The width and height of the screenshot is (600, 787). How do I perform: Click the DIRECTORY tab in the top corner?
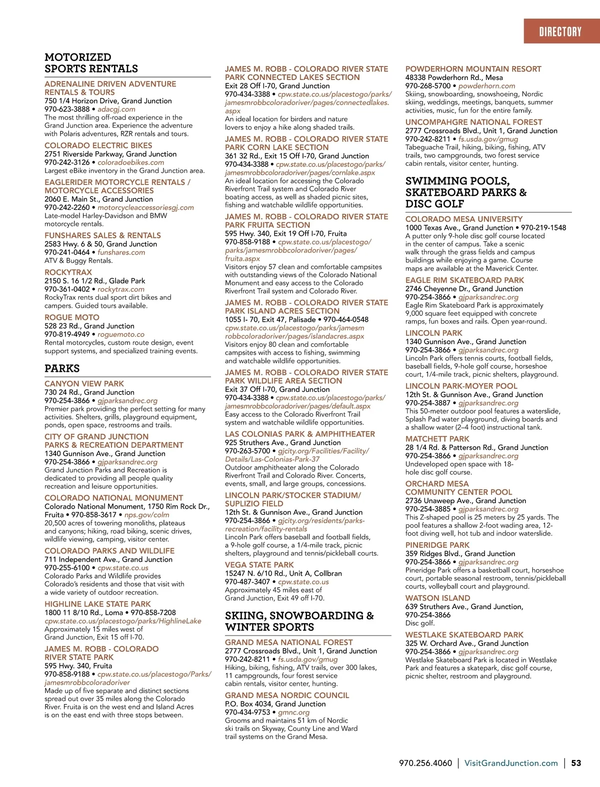tap(560, 32)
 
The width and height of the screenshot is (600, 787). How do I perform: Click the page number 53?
tap(576, 763)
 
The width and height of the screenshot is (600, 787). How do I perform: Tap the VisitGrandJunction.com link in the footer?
tap(511, 763)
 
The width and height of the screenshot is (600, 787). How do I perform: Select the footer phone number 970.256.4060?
tap(425, 763)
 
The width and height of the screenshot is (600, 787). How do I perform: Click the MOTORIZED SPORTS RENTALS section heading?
tap(91, 63)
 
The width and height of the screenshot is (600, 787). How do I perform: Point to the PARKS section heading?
tap(62, 368)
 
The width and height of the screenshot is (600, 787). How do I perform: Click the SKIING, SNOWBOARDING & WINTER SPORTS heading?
tap(299, 621)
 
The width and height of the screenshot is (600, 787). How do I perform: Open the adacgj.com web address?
tap(116, 109)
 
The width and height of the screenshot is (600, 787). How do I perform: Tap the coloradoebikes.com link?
tap(130, 162)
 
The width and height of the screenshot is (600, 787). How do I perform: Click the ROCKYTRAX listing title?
tap(68, 272)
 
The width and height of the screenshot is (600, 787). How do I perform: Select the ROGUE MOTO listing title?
tap(72, 317)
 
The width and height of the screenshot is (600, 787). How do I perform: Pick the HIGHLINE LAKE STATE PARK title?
tap(97, 604)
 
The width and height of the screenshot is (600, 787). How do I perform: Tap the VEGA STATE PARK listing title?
tap(259, 565)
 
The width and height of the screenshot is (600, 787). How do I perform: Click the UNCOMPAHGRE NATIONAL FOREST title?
tap(473, 122)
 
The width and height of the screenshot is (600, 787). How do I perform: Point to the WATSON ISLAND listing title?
tap(437, 598)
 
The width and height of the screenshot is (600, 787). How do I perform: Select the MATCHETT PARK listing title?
tap(437, 439)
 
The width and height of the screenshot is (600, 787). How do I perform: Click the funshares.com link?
tap(121, 252)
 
